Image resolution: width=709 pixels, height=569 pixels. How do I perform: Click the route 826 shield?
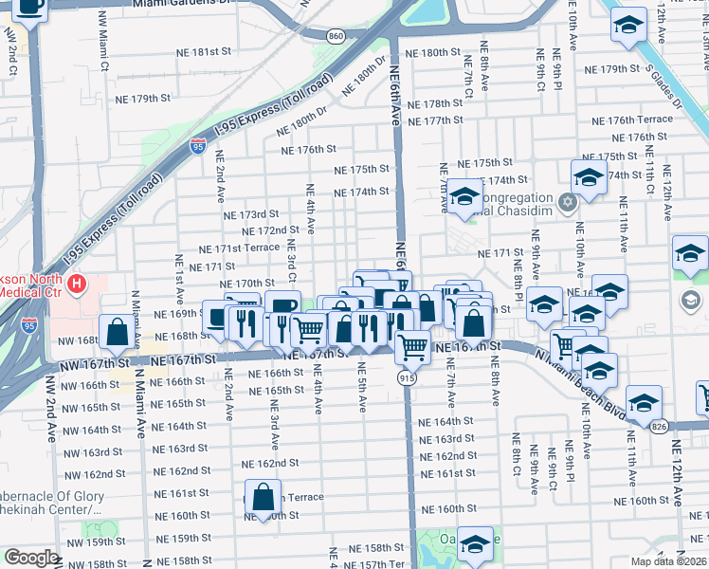(x=659, y=427)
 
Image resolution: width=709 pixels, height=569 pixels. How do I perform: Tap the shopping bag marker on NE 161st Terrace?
(x=264, y=496)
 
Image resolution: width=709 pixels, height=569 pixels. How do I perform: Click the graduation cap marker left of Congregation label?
(x=465, y=196)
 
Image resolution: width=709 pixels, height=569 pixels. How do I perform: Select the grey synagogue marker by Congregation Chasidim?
(x=567, y=202)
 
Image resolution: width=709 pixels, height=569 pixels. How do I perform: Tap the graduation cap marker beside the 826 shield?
(x=644, y=404)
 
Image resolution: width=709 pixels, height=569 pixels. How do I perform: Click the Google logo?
(x=31, y=559)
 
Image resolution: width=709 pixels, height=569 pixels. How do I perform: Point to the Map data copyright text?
(x=668, y=561)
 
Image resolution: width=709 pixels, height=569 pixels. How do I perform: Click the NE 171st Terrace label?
(x=239, y=248)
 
